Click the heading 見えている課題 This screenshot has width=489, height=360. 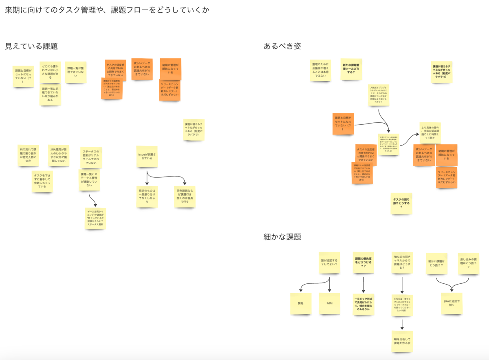point(31,46)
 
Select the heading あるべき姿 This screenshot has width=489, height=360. point(282,46)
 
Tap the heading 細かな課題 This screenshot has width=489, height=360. point(282,237)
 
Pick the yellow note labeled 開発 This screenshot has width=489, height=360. point(301,304)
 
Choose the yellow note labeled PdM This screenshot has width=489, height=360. point(329,304)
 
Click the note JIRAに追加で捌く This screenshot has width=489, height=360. point(452,303)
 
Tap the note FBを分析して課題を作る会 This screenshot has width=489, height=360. point(402,342)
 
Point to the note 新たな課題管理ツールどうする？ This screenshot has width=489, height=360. point(351,68)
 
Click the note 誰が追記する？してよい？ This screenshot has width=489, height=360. point(329,263)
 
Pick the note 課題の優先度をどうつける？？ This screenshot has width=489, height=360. point(363,263)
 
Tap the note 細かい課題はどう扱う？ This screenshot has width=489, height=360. point(436,263)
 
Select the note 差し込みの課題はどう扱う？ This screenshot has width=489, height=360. point(468,263)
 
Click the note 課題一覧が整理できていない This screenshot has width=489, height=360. point(76,72)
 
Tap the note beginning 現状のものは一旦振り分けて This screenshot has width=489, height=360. point(147,197)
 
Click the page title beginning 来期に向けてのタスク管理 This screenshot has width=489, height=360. point(107,10)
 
